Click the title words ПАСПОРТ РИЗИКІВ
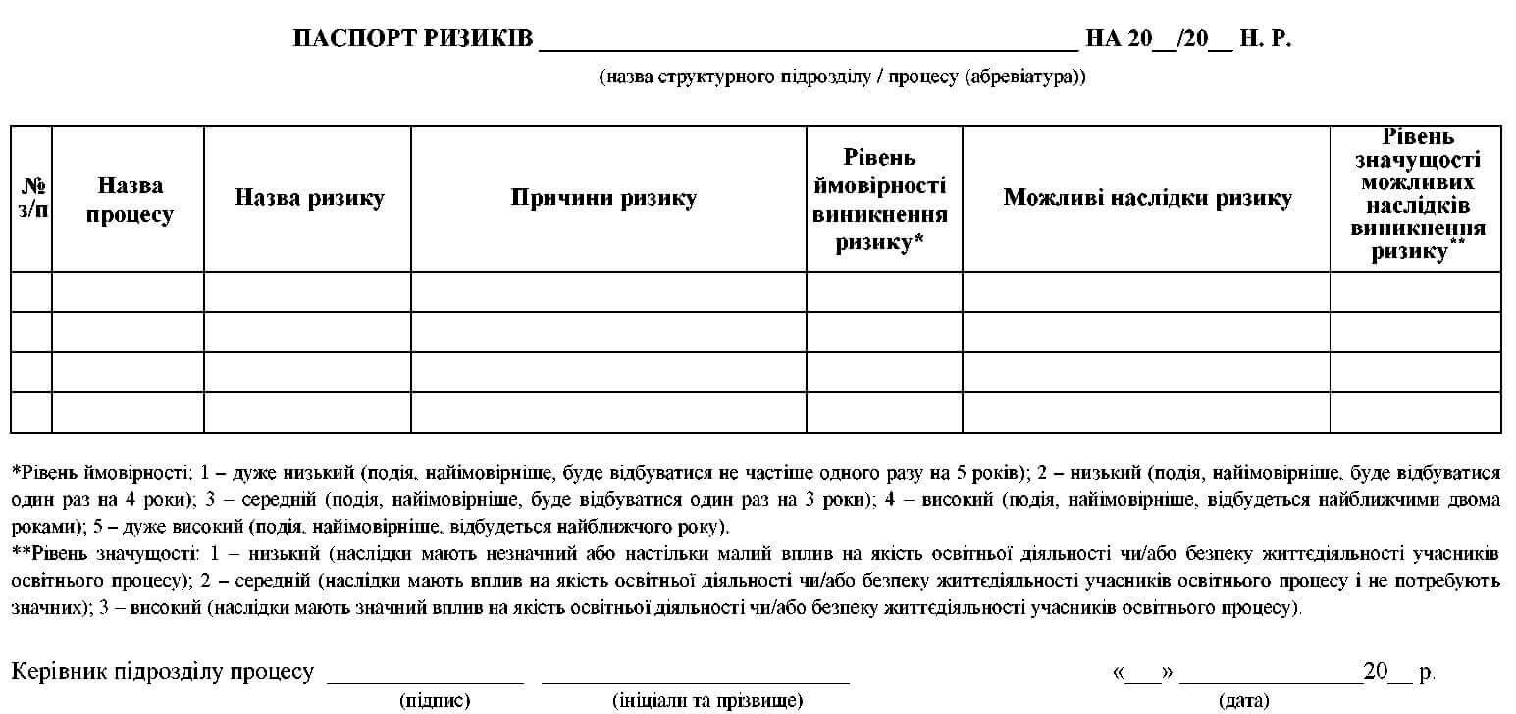(412, 39)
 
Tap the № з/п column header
(31, 198)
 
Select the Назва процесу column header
(129, 200)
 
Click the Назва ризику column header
(308, 198)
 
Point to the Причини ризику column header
(602, 198)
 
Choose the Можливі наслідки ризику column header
(1146, 198)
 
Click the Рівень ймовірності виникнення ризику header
(880, 200)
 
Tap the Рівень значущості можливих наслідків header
(1416, 194)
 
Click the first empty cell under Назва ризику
(308, 291)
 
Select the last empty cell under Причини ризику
(608, 412)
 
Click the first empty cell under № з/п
(31, 291)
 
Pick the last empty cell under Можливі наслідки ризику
(1146, 412)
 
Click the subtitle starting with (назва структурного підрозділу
(842, 76)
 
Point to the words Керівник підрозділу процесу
(163, 672)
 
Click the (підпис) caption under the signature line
(435, 700)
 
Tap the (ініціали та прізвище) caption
(706, 700)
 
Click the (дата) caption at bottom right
(1243, 700)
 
